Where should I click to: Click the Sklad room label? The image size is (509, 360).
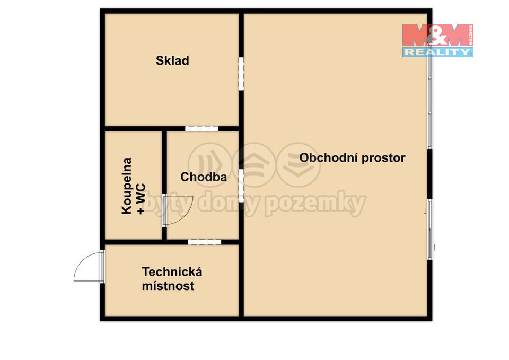[172, 60]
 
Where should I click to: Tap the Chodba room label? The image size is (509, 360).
[204, 177]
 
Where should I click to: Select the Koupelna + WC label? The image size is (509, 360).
[134, 186]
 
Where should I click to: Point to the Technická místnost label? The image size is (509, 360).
[172, 279]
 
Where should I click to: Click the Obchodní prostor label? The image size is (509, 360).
[352, 158]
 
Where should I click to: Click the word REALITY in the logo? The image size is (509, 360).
[437, 52]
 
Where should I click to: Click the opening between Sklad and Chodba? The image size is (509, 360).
[201, 128]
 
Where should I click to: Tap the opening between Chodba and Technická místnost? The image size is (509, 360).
[205, 242]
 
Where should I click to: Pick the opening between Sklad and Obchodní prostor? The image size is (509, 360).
[241, 74]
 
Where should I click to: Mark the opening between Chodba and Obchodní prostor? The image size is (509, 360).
[241, 186]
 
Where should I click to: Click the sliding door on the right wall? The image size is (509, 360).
[429, 229]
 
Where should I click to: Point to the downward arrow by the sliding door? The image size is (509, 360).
[424, 212]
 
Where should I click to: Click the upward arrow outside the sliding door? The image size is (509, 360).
[435, 248]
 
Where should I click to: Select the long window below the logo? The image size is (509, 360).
[429, 102]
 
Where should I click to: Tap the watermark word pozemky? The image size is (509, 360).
[315, 204]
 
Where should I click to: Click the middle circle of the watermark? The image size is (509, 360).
[254, 165]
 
